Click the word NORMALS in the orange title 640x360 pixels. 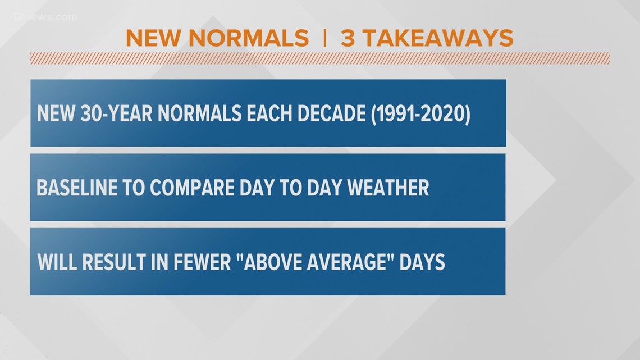[249, 38]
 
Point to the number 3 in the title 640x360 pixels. [349, 38]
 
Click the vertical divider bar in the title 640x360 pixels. [324, 38]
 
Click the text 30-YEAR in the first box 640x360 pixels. [116, 114]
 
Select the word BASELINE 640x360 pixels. [73, 188]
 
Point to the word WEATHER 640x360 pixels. [388, 188]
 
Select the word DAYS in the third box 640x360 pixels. [422, 262]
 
